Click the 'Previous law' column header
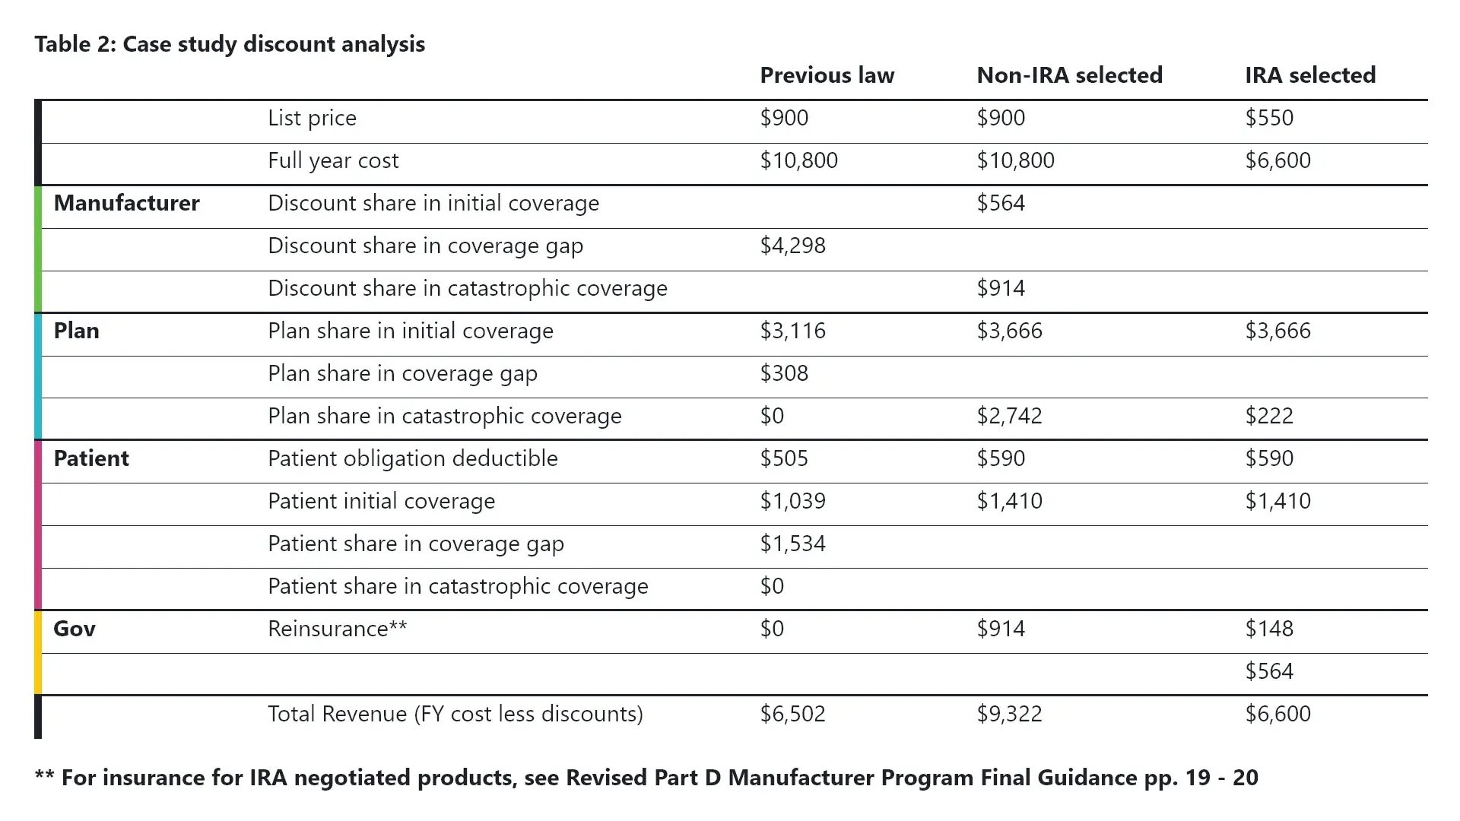tap(827, 75)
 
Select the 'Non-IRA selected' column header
tap(1069, 75)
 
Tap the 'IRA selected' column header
tap(1310, 75)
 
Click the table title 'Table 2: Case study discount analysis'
tap(230, 44)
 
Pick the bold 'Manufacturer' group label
tap(126, 203)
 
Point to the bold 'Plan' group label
tap(76, 331)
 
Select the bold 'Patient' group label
tap(91, 458)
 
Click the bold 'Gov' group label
tap(75, 629)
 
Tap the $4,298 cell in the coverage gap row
tap(792, 246)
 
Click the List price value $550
tap(1269, 118)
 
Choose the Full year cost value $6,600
tap(1277, 160)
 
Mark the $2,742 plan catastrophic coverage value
tap(1009, 416)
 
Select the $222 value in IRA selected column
tap(1269, 416)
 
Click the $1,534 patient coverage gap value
tap(792, 544)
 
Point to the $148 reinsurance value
tap(1269, 629)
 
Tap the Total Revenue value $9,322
tap(1009, 714)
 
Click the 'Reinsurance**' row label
tap(337, 629)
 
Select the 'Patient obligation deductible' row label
tap(412, 458)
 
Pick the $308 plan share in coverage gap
tap(784, 373)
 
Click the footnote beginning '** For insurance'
tap(646, 778)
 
